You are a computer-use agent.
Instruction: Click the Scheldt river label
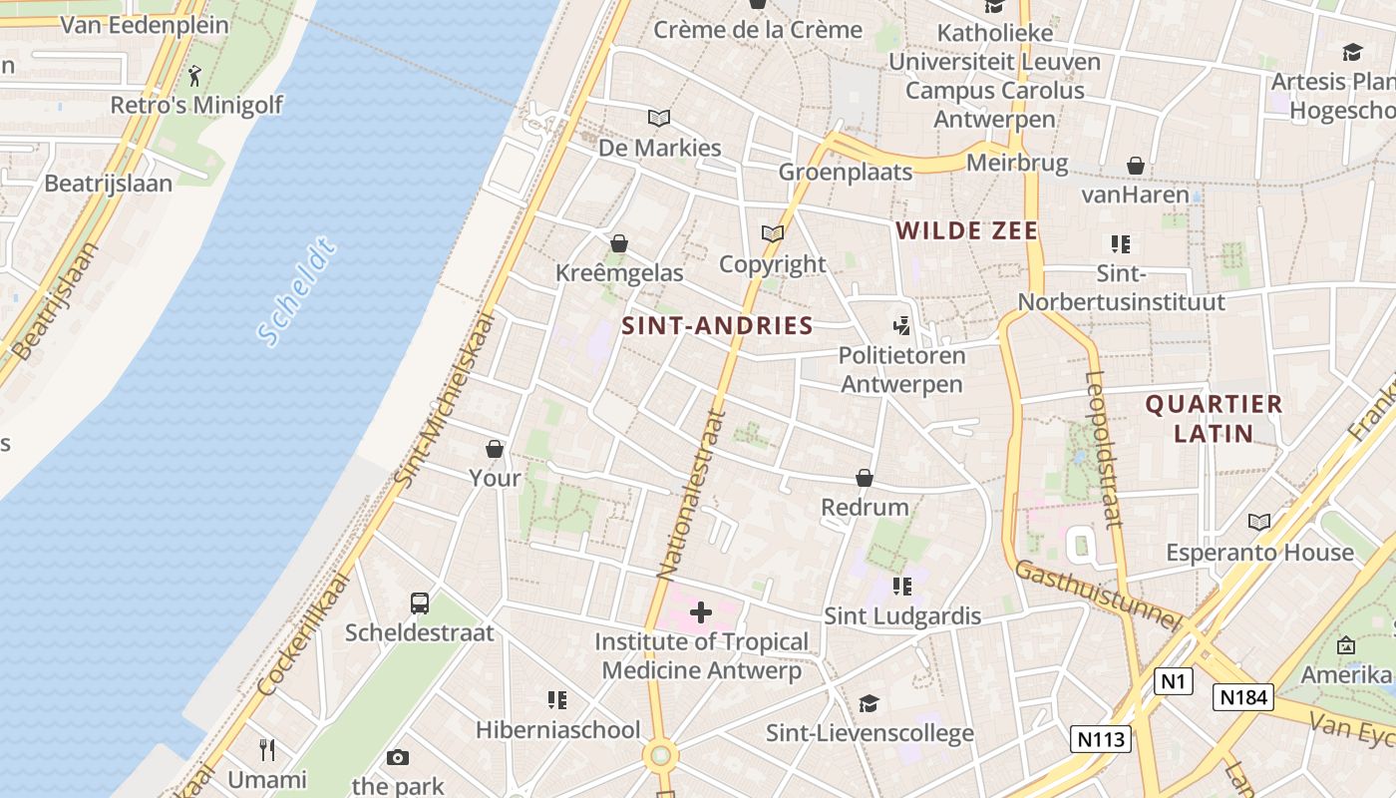coord(296,292)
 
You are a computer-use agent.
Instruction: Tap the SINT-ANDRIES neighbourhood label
coord(717,325)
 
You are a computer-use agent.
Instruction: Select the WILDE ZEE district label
coord(966,231)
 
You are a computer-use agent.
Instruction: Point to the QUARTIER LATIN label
coord(1213,418)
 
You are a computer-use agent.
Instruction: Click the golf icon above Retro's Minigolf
coord(194,75)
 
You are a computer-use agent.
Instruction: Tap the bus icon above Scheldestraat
coord(420,603)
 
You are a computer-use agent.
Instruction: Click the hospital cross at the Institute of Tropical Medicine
coord(701,611)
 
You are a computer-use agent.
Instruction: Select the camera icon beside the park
coord(398,757)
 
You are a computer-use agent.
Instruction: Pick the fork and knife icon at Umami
coord(266,749)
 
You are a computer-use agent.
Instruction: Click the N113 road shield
coord(1101,739)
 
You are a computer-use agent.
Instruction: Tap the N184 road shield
coord(1243,696)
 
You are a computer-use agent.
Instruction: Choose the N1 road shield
coord(1173,681)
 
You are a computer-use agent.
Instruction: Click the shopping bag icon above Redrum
coord(865,478)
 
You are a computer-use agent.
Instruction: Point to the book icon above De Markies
coord(659,118)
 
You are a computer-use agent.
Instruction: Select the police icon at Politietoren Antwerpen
coord(901,325)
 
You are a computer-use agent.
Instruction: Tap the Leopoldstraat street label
coord(1104,449)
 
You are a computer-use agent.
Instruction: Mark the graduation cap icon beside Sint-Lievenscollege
coord(869,703)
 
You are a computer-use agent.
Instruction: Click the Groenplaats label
coord(845,172)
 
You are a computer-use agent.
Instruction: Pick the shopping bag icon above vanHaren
coord(1135,165)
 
